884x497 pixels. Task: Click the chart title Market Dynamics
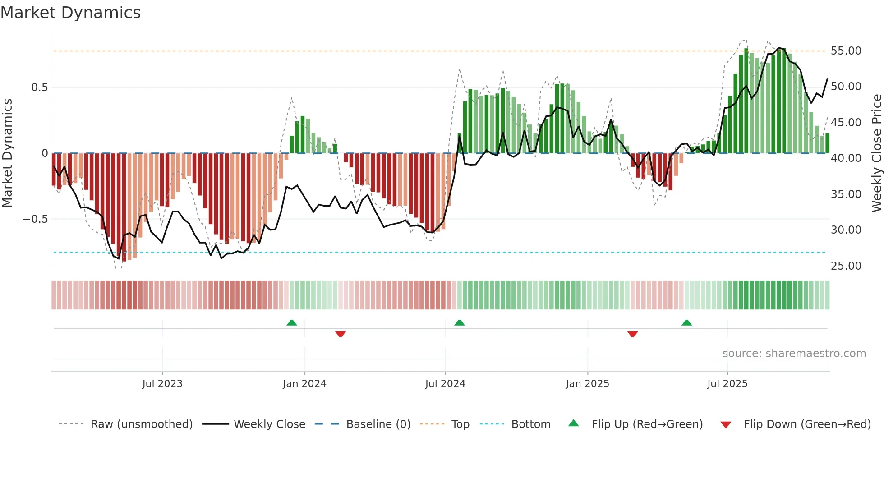(x=70, y=13)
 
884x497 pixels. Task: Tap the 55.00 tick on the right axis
(x=846, y=51)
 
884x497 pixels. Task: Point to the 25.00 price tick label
(x=846, y=266)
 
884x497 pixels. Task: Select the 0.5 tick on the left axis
(x=39, y=87)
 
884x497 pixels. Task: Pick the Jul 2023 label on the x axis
(x=162, y=384)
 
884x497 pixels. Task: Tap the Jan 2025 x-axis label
(x=587, y=384)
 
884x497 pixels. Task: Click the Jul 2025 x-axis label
(x=727, y=384)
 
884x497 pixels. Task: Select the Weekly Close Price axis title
(x=876, y=153)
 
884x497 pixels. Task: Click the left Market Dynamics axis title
(x=7, y=153)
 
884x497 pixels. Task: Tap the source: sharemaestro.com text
(x=794, y=354)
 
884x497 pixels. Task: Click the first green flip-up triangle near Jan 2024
(x=292, y=322)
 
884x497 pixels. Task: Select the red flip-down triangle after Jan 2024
(x=341, y=334)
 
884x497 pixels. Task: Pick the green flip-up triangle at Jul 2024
(x=459, y=322)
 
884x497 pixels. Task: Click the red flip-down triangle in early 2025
(x=632, y=334)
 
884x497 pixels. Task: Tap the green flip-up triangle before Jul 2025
(x=686, y=322)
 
